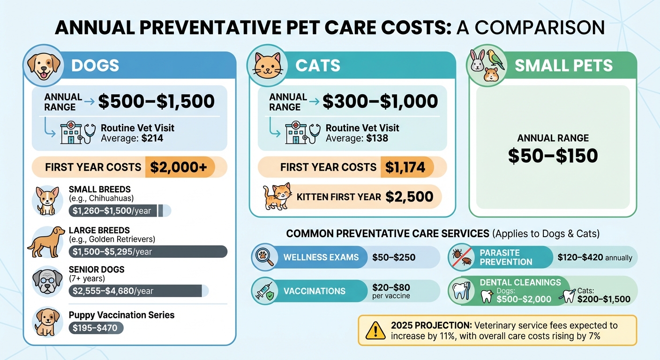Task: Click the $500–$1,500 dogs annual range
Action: pos(156,101)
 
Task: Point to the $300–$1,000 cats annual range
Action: pos(380,101)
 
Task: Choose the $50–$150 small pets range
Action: pos(553,155)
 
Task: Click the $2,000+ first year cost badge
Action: pos(180,167)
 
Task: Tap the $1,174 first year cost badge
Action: pos(405,167)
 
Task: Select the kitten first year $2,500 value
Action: pos(409,197)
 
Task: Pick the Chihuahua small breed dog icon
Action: pos(48,201)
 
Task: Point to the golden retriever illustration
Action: pos(46,242)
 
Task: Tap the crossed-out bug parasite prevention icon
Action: pos(462,257)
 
